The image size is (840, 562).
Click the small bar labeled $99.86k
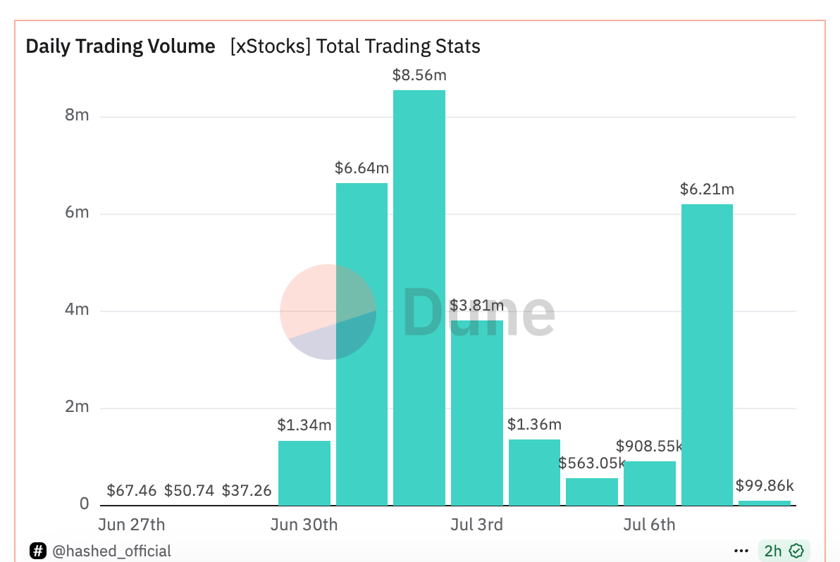(765, 502)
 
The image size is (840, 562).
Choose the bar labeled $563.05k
(592, 492)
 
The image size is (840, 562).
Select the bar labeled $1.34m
(304, 473)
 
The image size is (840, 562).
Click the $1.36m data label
(535, 425)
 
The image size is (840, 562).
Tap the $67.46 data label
(131, 490)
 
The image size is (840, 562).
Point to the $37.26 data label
(247, 490)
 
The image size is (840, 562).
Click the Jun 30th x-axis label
(304, 525)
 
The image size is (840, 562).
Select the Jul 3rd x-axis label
(477, 525)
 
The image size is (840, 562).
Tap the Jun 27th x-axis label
(131, 525)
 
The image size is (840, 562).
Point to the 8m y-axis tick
(77, 115)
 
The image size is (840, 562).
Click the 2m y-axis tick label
(77, 407)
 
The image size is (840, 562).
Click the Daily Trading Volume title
(121, 46)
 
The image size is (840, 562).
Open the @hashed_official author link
(111, 551)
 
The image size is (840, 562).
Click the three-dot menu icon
(741, 551)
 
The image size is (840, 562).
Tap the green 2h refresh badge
(784, 551)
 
